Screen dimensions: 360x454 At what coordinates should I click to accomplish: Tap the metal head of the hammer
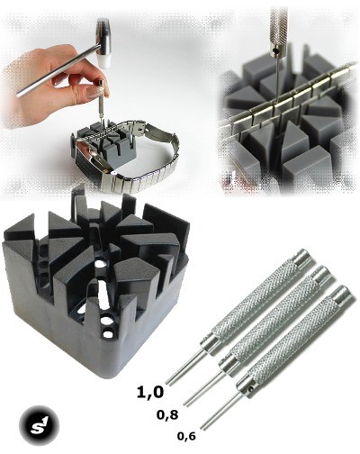(103, 36)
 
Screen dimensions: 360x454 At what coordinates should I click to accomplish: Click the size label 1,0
(150, 393)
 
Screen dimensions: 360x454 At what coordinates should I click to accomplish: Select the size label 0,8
(167, 415)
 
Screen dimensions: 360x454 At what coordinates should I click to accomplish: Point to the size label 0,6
(186, 436)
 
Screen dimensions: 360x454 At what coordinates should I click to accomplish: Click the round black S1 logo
(39, 426)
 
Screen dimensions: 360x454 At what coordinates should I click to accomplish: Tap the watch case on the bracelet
(90, 159)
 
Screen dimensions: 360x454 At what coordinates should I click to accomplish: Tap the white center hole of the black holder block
(99, 264)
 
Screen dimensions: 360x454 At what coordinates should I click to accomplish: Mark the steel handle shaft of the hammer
(58, 71)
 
